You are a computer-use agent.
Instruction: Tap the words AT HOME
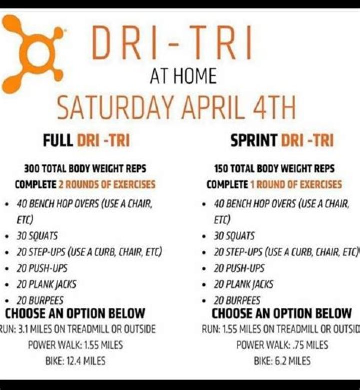click(183, 77)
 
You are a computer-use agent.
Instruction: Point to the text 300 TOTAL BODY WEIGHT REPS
click(85, 169)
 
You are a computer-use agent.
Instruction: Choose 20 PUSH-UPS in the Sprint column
click(239, 268)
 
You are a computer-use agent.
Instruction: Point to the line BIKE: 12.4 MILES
click(74, 360)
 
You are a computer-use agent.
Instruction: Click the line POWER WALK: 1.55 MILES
click(75, 345)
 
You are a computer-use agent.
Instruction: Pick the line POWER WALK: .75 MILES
click(282, 345)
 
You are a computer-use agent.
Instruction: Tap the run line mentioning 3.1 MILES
click(77, 329)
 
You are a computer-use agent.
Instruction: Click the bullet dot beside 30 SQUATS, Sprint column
click(204, 236)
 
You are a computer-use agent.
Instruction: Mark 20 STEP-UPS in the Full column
click(89, 252)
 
